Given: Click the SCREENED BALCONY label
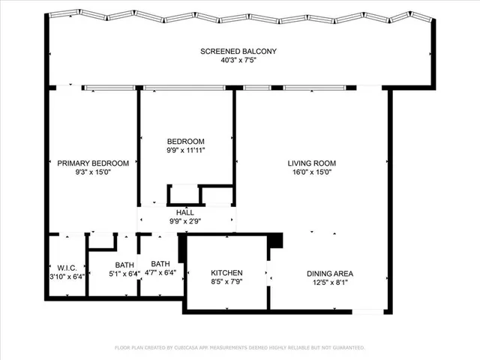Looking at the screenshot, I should [238, 51].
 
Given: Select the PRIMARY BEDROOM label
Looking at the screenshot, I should [93, 163].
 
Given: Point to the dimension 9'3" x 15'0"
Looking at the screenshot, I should [93, 172].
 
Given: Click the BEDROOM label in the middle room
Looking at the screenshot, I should [185, 141].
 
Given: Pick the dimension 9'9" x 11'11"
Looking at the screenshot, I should [185, 150].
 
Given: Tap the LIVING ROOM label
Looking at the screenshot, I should [311, 163].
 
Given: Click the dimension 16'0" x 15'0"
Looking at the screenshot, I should [311, 172].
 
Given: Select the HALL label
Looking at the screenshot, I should [184, 212].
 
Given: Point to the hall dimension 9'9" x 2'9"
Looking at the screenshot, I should [184, 221].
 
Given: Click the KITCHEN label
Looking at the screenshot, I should [226, 273].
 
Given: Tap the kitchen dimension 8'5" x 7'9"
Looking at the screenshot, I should [226, 283].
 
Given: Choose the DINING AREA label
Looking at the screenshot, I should [329, 273].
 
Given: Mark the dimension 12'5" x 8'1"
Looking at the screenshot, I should [329, 283].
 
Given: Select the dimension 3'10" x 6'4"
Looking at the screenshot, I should [67, 277].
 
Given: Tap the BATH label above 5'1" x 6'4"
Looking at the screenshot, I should [124, 264].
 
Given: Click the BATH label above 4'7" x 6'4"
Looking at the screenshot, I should [160, 263].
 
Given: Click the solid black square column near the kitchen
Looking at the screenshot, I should [276, 241].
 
